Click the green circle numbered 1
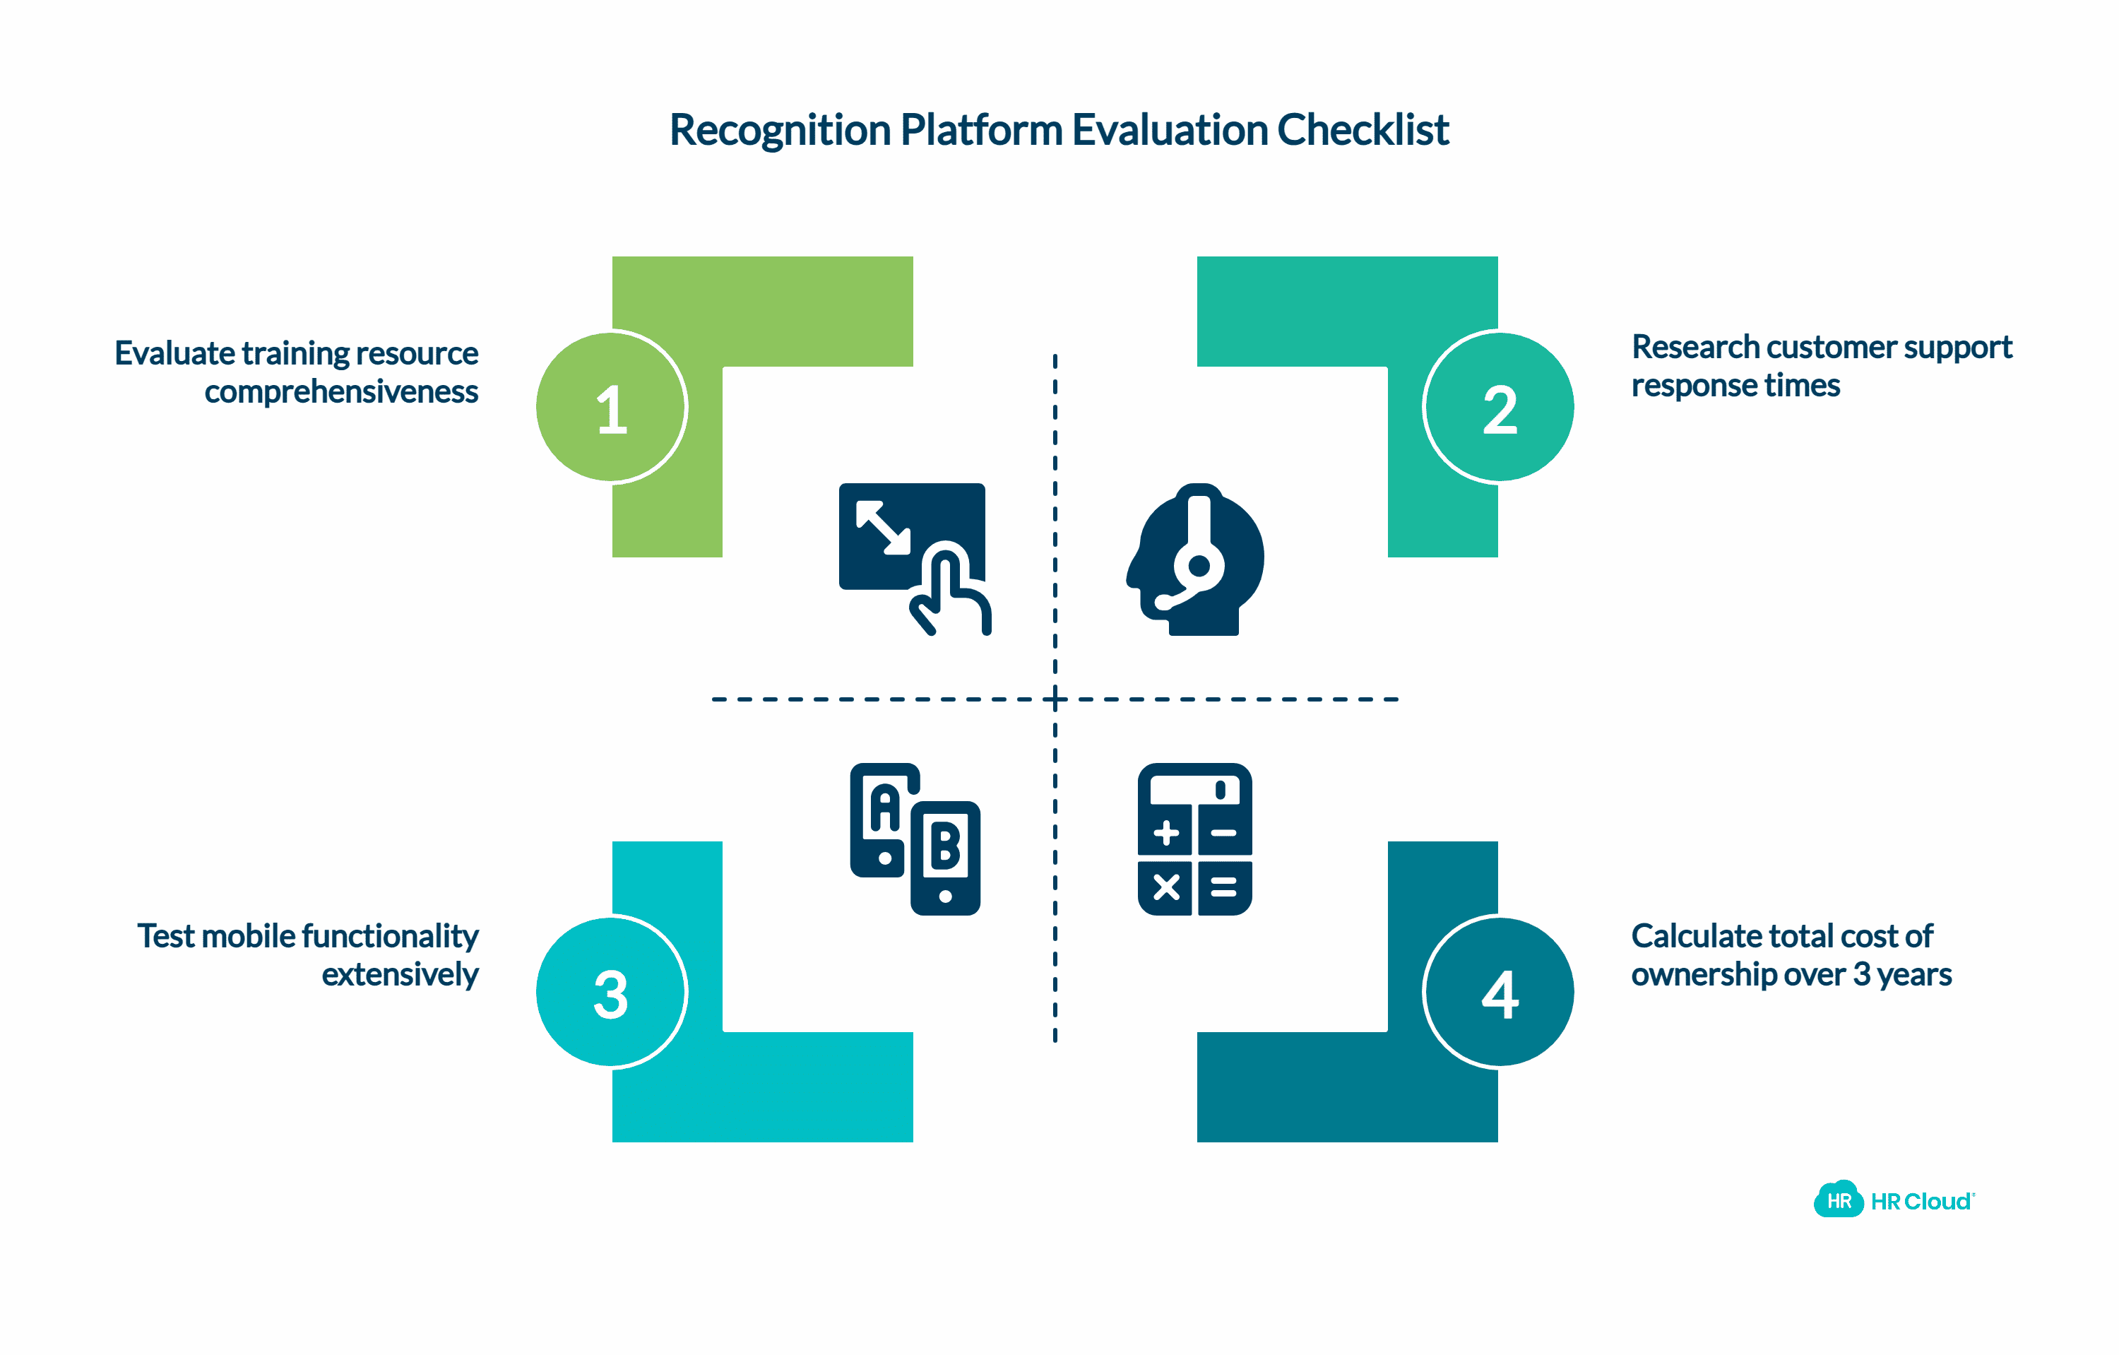point(611,408)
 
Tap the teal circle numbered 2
point(1499,408)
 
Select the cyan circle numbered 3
point(611,992)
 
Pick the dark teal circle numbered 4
point(1499,992)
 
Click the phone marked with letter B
point(945,857)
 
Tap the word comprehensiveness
point(341,391)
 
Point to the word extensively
point(400,975)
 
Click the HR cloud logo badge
point(1839,1200)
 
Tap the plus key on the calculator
point(1166,832)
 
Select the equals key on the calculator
point(1223,887)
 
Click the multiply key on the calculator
point(1166,887)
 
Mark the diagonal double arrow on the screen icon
point(883,527)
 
